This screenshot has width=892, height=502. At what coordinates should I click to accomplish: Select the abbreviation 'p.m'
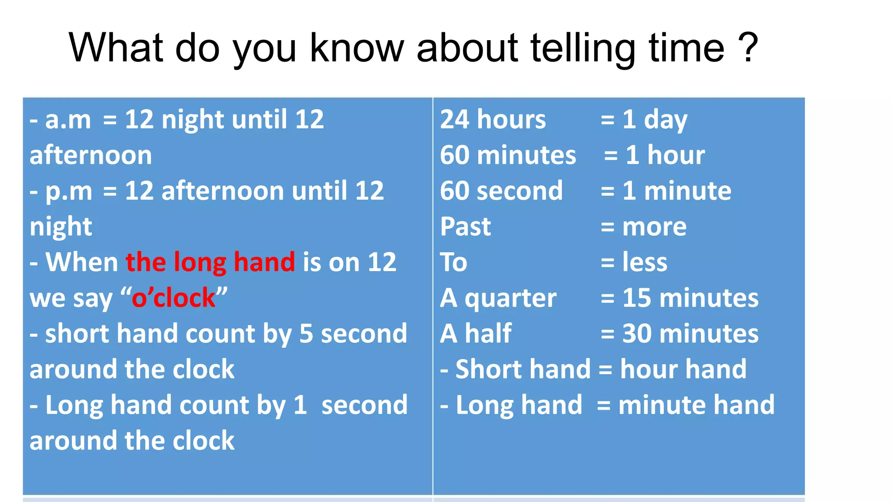[69, 192]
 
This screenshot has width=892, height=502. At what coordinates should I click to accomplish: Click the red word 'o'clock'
[173, 298]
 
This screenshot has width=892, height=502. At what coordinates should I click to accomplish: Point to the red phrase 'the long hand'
[210, 262]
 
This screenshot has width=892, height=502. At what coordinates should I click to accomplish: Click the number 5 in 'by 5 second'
[306, 334]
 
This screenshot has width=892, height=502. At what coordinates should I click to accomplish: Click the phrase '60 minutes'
[508, 155]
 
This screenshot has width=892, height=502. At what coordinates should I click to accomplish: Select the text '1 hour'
[665, 155]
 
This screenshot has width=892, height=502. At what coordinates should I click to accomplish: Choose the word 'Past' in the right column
[465, 227]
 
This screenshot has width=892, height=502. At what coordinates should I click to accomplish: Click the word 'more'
[654, 227]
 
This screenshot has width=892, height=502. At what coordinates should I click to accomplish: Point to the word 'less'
[645, 262]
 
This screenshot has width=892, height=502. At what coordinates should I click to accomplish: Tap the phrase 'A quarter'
[498, 298]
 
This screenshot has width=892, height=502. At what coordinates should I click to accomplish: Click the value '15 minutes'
[690, 298]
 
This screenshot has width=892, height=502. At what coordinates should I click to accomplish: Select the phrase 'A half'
[476, 334]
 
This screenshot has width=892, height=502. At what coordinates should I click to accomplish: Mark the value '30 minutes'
[690, 334]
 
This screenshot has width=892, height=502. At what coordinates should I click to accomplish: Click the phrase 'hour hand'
[683, 370]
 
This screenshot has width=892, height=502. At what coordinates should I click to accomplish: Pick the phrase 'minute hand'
[696, 405]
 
